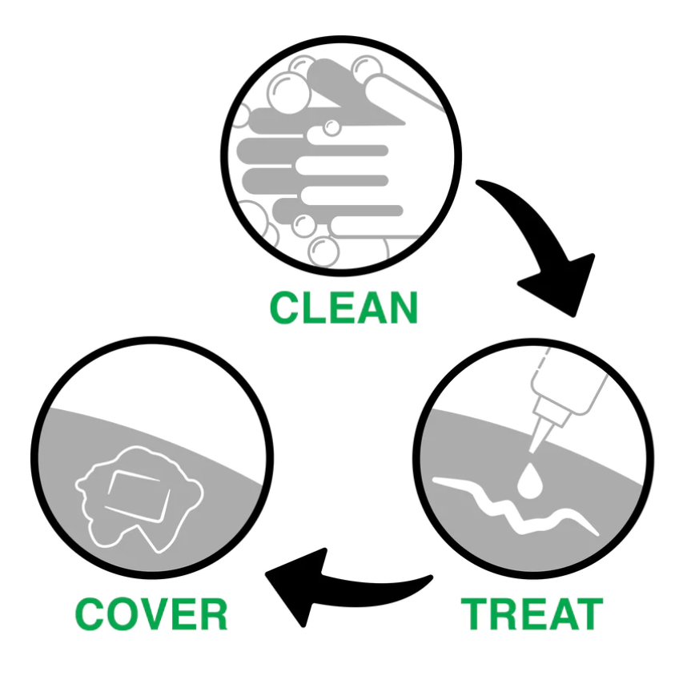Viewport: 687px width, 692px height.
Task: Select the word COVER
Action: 152,614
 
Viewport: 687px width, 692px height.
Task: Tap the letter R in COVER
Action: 211,614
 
